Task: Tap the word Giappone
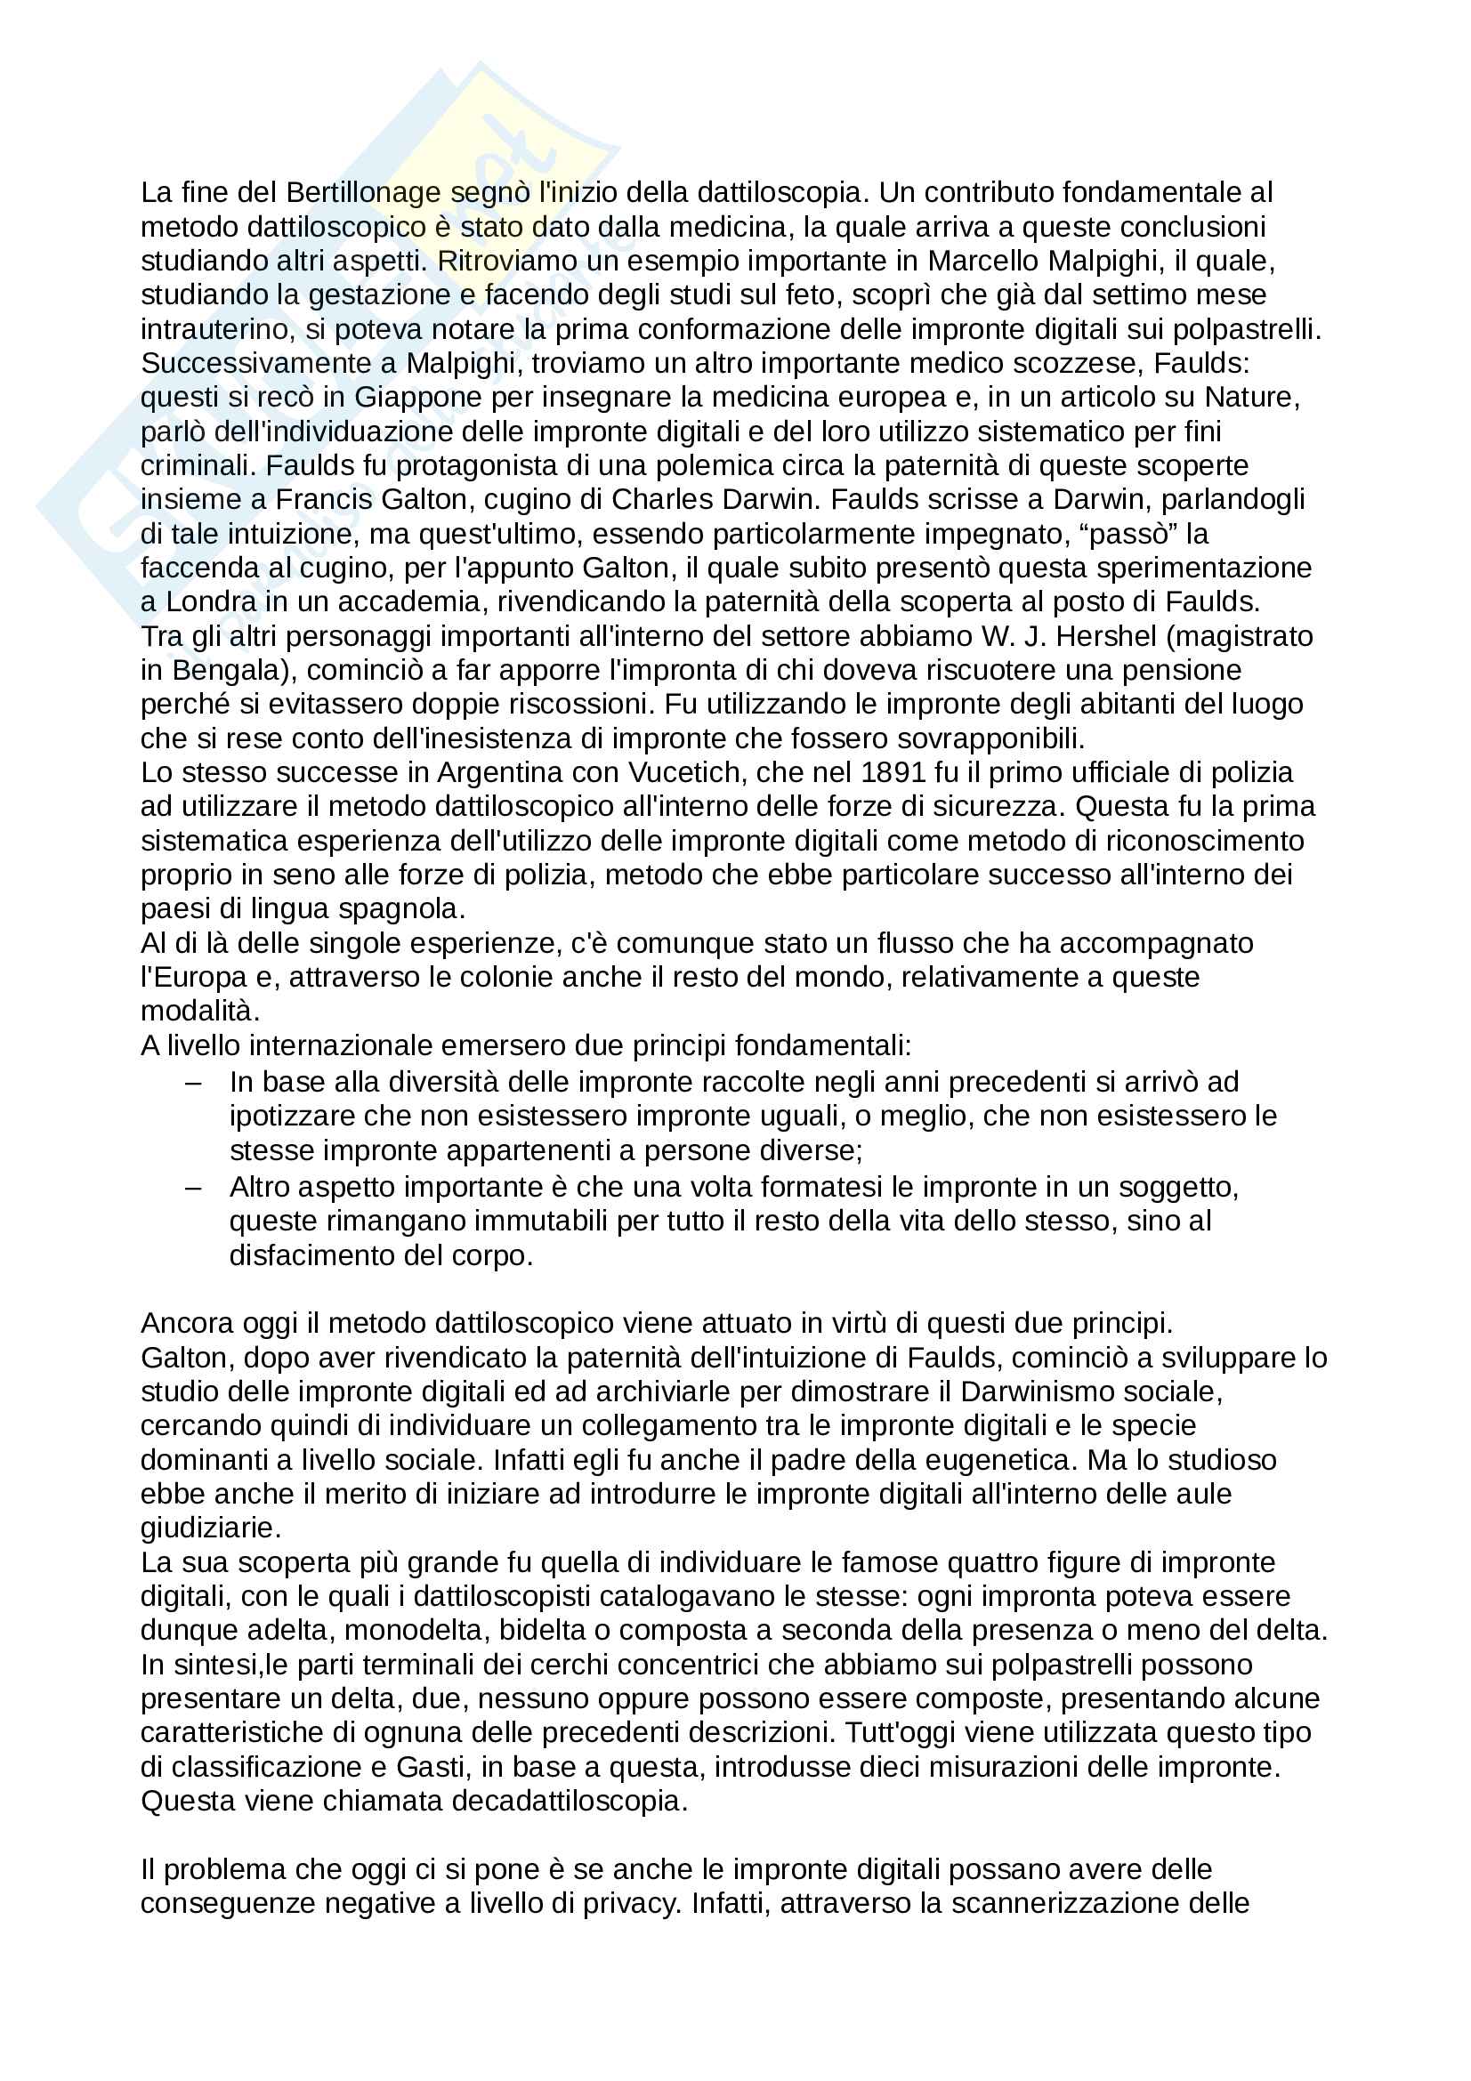[419, 398]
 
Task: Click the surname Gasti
[430, 1768]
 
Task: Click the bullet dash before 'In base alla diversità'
[193, 1083]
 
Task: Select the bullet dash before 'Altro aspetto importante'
[193, 1188]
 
